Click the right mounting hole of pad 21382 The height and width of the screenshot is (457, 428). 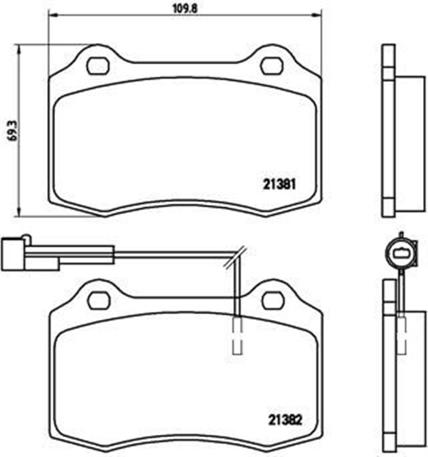pos(272,300)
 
